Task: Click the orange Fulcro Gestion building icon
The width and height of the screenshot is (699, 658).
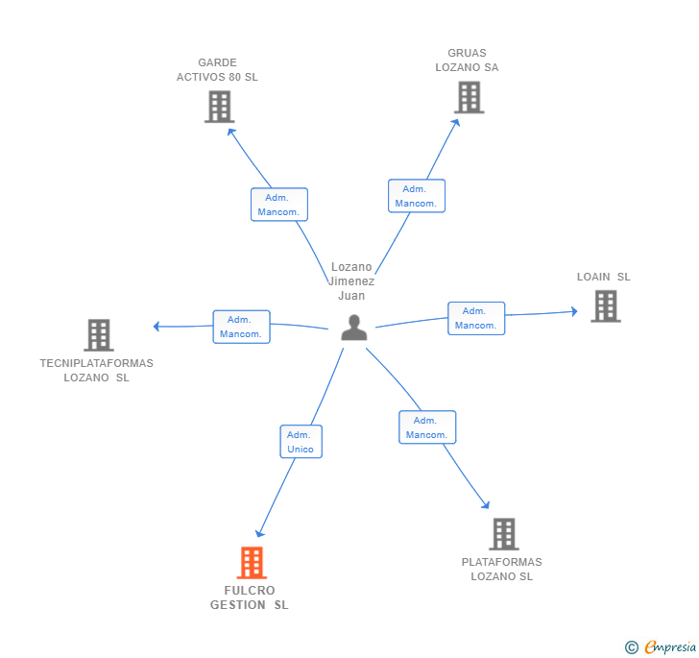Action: tap(252, 562)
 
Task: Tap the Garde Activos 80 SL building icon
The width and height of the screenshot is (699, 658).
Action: tap(219, 107)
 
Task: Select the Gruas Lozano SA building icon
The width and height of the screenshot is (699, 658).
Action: tap(469, 97)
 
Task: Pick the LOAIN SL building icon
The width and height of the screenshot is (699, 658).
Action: tap(605, 305)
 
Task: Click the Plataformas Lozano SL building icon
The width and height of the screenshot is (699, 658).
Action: tap(503, 534)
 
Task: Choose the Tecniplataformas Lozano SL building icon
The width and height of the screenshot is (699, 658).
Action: tap(98, 335)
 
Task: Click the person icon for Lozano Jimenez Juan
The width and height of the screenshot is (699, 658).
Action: tap(354, 328)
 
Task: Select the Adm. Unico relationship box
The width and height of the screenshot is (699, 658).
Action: tap(301, 442)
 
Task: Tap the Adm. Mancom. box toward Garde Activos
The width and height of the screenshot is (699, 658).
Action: tap(279, 205)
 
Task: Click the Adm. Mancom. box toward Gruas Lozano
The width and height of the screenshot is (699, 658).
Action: tap(416, 196)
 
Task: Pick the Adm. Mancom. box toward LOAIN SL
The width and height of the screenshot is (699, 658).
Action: tap(476, 318)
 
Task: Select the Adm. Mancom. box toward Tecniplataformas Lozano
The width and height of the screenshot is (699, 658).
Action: tap(241, 327)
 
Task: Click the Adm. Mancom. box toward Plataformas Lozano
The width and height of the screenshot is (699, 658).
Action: tap(427, 427)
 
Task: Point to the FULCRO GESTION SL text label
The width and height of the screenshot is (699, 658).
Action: tap(250, 597)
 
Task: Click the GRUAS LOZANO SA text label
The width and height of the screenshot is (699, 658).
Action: tap(467, 61)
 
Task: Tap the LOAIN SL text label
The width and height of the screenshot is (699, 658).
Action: tap(603, 277)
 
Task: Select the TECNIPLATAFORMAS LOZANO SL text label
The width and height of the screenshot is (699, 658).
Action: tap(97, 371)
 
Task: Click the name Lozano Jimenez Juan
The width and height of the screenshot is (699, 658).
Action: tap(351, 281)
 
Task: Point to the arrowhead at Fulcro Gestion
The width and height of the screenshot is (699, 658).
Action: tap(259, 533)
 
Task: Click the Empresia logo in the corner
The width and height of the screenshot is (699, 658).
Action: tap(662, 646)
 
